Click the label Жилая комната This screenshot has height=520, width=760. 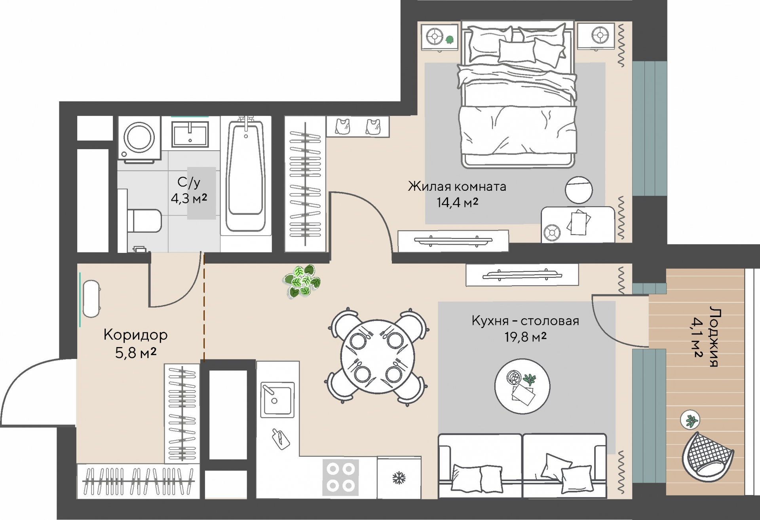click(457, 186)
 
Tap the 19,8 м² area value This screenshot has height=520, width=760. click(525, 337)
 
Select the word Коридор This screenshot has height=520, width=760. click(135, 335)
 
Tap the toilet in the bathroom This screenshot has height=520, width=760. click(144, 221)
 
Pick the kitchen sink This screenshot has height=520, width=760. click(277, 399)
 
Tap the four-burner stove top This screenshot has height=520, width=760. click(340, 477)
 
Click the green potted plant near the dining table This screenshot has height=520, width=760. click(303, 281)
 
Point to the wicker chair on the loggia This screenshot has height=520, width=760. click(707, 457)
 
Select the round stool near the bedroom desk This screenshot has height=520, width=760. click(579, 190)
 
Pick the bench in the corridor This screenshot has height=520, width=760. click(91, 299)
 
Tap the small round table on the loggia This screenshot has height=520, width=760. click(690, 420)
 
